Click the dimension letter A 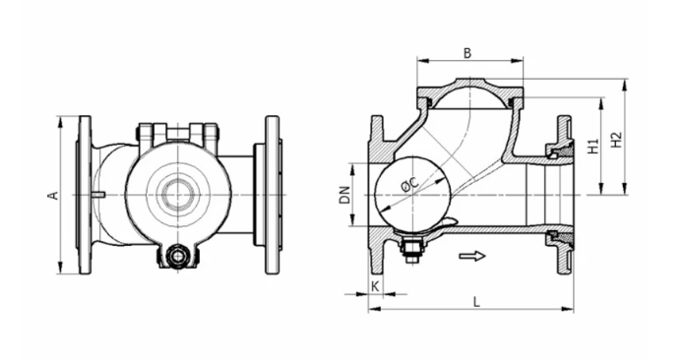53,195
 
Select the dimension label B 468,52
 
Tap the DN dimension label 344,195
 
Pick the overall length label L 475,302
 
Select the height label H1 592,147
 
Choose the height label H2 616,141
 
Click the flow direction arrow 472,257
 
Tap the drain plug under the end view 176,257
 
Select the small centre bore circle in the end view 177,194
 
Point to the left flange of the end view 85,195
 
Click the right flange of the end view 271,195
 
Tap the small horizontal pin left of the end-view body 96,195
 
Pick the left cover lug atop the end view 148,134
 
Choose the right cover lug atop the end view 208,134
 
